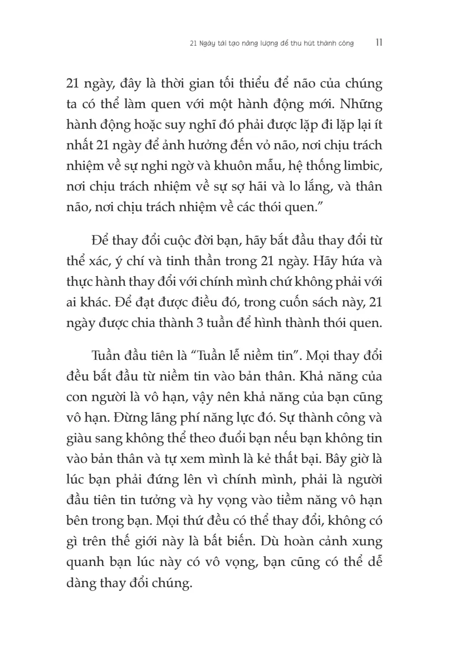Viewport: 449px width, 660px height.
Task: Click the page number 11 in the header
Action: coord(378,42)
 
